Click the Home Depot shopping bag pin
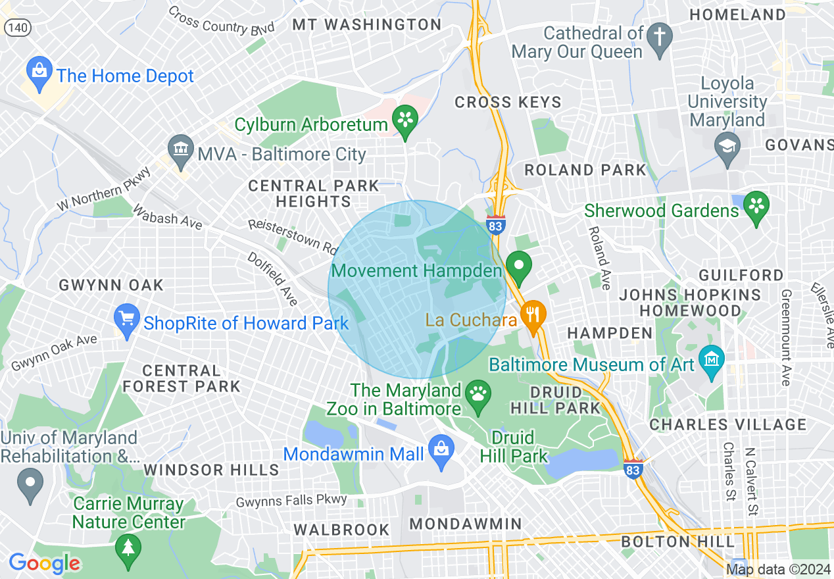pos(39,73)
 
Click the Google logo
pos(44,563)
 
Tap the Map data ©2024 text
pos(778,570)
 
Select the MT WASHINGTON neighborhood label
pos(367,25)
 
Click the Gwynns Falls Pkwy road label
pos(291,501)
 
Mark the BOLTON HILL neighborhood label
pos(677,541)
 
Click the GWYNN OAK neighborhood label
pos(111,285)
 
